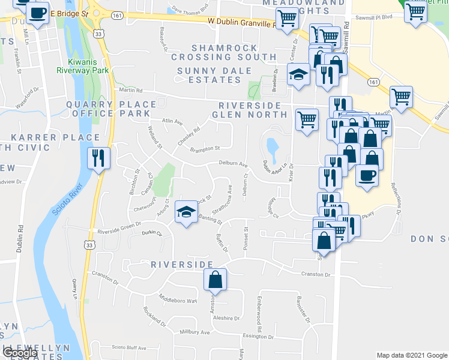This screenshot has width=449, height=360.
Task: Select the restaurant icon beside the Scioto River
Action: click(x=98, y=158)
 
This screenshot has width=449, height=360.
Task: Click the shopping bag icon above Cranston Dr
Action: click(x=215, y=280)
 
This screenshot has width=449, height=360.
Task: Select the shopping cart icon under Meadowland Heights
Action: click(x=288, y=20)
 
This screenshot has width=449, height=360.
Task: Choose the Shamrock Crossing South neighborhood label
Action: click(x=223, y=52)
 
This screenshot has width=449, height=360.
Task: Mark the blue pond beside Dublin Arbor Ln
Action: click(x=271, y=146)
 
